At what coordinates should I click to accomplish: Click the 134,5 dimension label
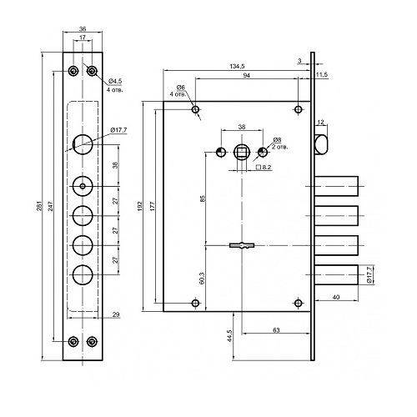(237, 66)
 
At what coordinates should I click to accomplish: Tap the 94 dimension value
(247, 75)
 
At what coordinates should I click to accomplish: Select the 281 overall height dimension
(39, 206)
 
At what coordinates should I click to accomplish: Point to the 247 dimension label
(51, 206)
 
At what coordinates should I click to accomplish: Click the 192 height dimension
(140, 206)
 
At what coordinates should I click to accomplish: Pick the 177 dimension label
(153, 206)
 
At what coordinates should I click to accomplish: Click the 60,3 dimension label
(203, 278)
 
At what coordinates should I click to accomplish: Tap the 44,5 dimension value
(229, 336)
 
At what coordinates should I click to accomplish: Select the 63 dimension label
(276, 330)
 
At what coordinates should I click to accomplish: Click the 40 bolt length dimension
(336, 297)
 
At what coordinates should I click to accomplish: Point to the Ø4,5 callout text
(115, 81)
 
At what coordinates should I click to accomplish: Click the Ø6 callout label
(181, 88)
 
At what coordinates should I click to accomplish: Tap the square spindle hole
(242, 153)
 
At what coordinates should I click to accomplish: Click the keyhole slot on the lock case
(242, 245)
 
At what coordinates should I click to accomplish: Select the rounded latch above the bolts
(321, 144)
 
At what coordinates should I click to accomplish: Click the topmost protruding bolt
(336, 186)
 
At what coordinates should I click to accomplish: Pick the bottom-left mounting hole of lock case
(196, 303)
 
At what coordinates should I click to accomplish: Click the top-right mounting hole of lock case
(299, 109)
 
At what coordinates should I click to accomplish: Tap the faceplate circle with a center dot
(83, 186)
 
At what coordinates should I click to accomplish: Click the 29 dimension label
(116, 314)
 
